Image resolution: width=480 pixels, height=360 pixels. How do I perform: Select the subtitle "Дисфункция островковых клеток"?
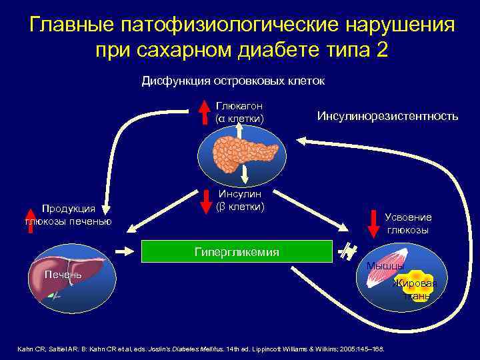click(x=233, y=81)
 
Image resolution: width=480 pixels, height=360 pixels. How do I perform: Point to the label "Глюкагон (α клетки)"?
click(x=239, y=112)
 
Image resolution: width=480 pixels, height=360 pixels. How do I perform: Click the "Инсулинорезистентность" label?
click(x=387, y=116)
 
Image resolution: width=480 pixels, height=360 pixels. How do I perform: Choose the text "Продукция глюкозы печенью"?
click(x=69, y=215)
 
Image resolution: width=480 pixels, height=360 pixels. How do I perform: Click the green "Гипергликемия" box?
click(x=237, y=251)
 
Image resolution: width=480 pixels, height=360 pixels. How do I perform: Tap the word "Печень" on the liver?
click(x=63, y=275)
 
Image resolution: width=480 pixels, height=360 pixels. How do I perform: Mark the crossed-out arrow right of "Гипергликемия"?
click(x=347, y=251)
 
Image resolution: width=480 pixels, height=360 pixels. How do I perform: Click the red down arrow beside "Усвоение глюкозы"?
click(x=373, y=223)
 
